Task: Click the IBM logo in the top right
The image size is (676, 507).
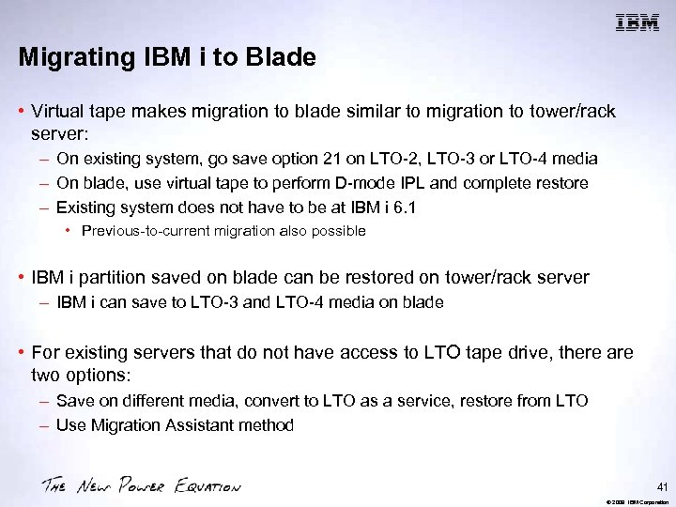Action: click(636, 23)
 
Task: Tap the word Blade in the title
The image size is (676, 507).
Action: click(283, 57)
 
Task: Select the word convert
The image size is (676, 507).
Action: click(269, 401)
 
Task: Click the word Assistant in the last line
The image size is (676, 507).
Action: click(192, 425)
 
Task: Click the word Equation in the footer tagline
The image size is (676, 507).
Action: click(206, 486)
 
